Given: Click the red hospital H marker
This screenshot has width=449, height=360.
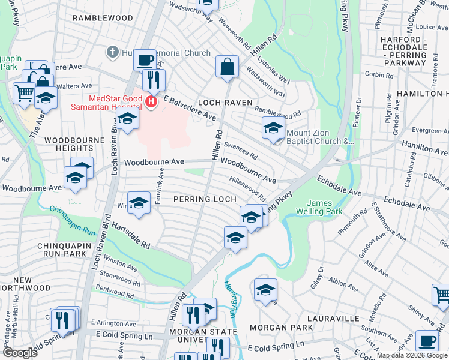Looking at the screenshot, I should coord(151,103).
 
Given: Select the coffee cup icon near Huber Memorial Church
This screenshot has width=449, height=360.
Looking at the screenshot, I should coord(145,59).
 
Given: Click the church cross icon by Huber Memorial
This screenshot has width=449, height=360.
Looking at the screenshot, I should coord(112,53).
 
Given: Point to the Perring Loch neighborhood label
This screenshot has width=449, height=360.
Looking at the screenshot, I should coord(203,199).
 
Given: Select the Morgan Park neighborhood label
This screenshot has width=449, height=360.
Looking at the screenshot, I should coord(281,328).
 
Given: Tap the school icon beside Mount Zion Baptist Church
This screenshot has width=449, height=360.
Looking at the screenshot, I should coord(273,128).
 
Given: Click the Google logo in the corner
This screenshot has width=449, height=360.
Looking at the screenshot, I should coord(19,353).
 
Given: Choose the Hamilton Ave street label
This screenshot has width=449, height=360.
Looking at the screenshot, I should coord(424,146).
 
